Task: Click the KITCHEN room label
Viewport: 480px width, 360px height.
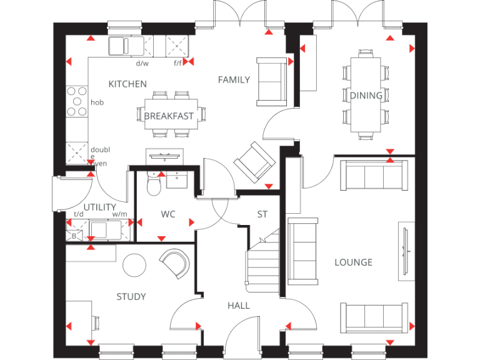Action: point(127,84)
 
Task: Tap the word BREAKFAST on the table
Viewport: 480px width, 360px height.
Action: point(169,116)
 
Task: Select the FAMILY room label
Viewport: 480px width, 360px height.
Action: point(234,79)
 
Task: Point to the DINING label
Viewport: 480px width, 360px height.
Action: point(366,96)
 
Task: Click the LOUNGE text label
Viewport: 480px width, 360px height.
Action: point(353,262)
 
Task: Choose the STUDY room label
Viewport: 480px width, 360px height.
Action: point(131,296)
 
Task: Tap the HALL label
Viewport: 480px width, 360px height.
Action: point(239,305)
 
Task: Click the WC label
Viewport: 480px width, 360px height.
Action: point(168,214)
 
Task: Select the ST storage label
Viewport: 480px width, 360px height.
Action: point(262,214)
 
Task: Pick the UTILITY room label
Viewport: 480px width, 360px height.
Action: point(100,207)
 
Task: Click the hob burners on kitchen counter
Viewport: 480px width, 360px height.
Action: point(77,101)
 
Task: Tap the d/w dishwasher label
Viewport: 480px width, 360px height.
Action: point(142,63)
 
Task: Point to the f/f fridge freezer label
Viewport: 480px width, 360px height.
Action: point(178,63)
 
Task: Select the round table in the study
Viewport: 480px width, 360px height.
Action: point(134,266)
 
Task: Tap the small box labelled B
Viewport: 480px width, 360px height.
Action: point(74,236)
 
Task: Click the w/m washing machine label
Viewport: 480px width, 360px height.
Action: point(119,214)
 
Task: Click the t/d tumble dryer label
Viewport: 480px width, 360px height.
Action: point(79,214)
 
